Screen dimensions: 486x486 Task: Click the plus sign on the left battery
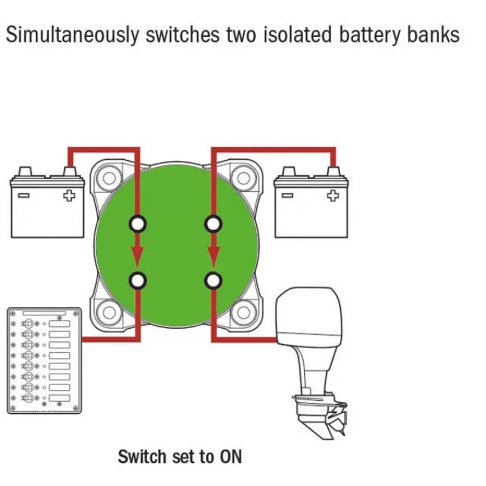[69, 196]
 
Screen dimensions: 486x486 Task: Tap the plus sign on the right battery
[333, 196]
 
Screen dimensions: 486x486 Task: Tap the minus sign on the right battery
[287, 196]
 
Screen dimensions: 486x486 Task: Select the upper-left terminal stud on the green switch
[138, 224]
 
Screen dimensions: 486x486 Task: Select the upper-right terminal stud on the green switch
[213, 224]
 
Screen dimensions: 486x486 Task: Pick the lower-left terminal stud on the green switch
[138, 281]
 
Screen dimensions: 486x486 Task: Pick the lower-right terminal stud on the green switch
[213, 281]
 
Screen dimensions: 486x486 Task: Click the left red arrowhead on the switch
[138, 256]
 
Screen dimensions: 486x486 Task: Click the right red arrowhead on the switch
[213, 256]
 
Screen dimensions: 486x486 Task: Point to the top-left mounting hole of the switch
[109, 178]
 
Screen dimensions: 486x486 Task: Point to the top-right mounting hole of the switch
[244, 178]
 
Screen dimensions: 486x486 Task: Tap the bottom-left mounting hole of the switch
[109, 312]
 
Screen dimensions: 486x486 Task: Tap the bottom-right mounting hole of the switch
[244, 312]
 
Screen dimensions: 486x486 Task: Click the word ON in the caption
[231, 457]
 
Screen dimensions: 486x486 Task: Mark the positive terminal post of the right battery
[334, 172]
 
